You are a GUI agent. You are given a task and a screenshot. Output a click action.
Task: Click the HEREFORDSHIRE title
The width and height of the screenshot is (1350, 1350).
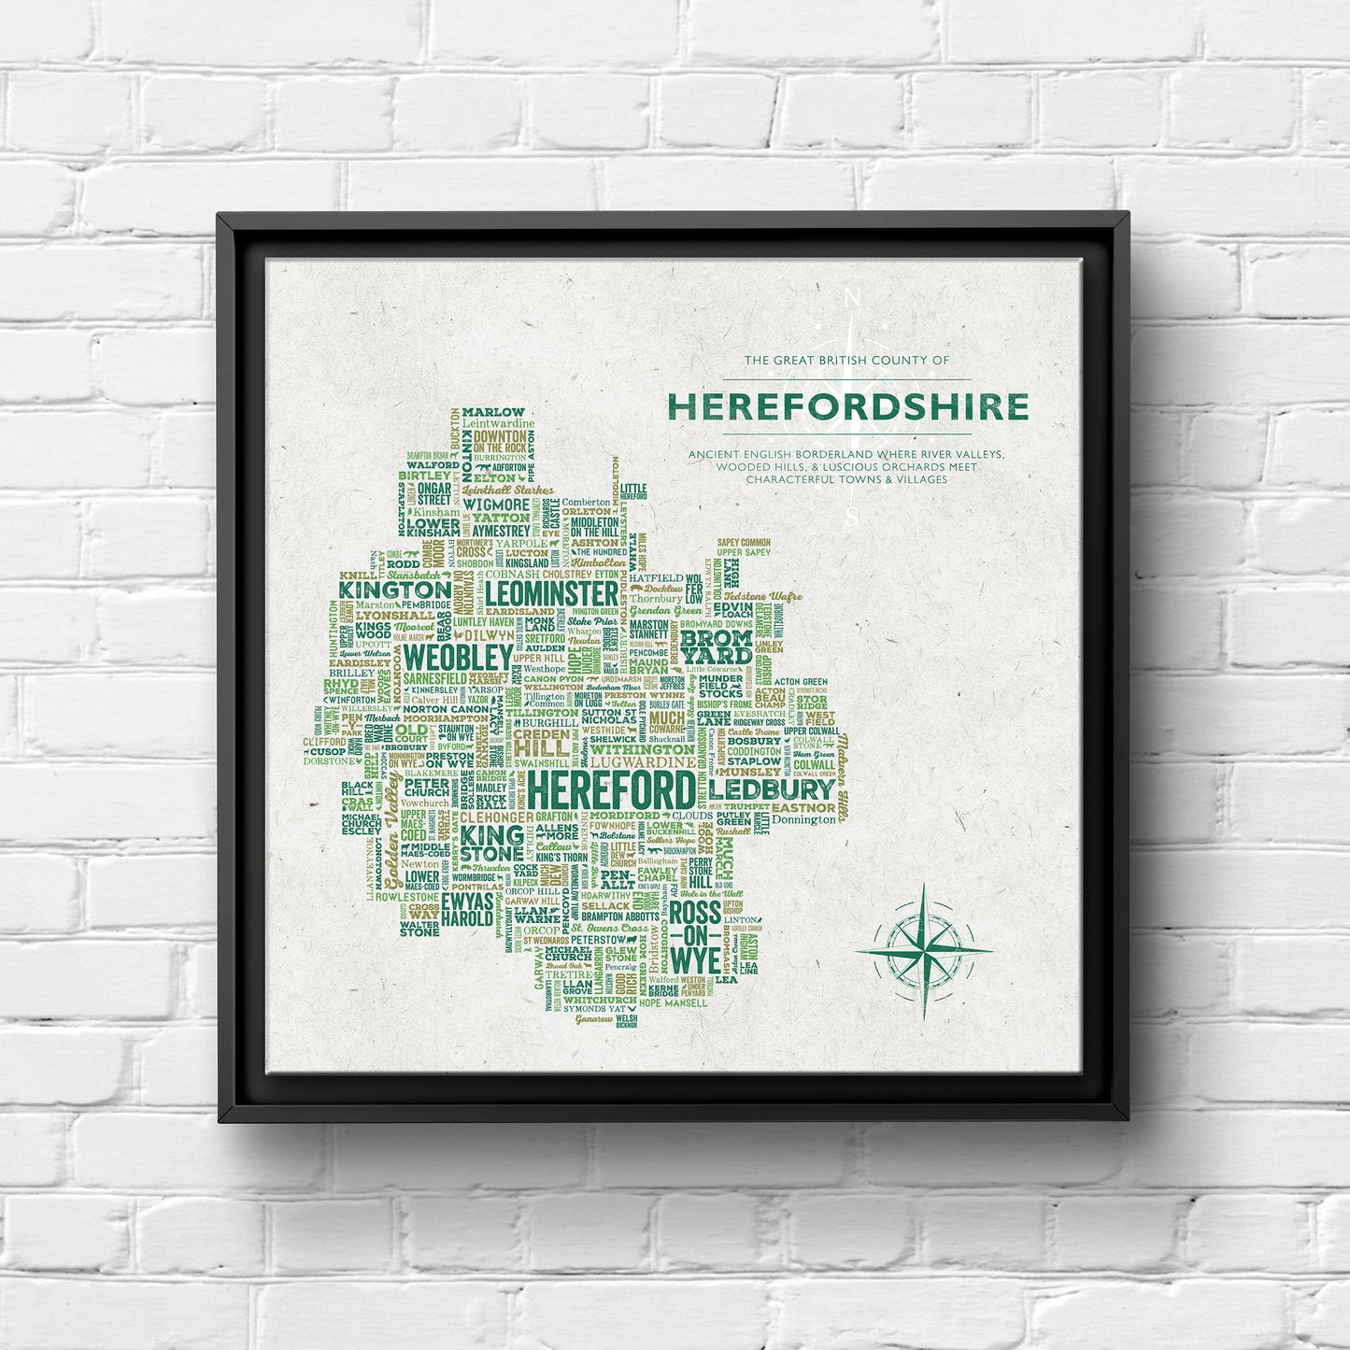click(x=847, y=406)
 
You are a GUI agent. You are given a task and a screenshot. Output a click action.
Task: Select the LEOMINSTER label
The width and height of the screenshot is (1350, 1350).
click(x=552, y=593)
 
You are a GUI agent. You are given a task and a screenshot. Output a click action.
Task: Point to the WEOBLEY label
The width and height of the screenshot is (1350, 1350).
click(x=458, y=657)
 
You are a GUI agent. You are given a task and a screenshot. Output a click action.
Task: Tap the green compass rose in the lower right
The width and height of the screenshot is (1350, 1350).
click(x=923, y=951)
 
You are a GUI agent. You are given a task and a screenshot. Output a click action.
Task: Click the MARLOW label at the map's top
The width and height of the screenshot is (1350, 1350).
click(x=493, y=412)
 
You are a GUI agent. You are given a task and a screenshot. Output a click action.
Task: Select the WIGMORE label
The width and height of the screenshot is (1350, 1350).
click(x=496, y=504)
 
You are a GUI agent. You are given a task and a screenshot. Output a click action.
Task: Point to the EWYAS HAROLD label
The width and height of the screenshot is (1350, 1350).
click(x=467, y=910)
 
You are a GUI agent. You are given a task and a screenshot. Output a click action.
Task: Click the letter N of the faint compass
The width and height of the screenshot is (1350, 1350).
click(x=852, y=299)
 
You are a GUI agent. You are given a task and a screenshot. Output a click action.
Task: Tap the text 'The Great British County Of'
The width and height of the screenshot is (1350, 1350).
click(x=846, y=360)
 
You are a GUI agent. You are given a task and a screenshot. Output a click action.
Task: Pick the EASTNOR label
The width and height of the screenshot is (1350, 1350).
click(x=803, y=807)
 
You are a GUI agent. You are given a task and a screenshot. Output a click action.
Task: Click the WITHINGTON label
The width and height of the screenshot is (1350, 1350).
click(x=642, y=749)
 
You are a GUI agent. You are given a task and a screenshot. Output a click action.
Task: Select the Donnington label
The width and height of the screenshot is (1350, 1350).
click(x=804, y=820)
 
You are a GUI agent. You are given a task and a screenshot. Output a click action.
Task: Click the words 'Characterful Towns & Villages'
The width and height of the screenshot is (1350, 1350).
click(x=846, y=480)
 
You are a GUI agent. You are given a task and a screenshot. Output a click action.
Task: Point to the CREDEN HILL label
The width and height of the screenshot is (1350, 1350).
click(x=541, y=742)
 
